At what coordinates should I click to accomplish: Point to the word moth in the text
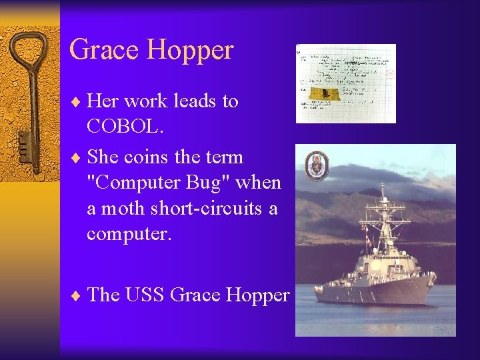[123, 209]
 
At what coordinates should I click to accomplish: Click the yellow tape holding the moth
[324, 93]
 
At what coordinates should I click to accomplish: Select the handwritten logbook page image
[346, 83]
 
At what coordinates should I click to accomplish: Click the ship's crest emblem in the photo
[316, 166]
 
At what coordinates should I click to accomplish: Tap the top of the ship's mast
[382, 187]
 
